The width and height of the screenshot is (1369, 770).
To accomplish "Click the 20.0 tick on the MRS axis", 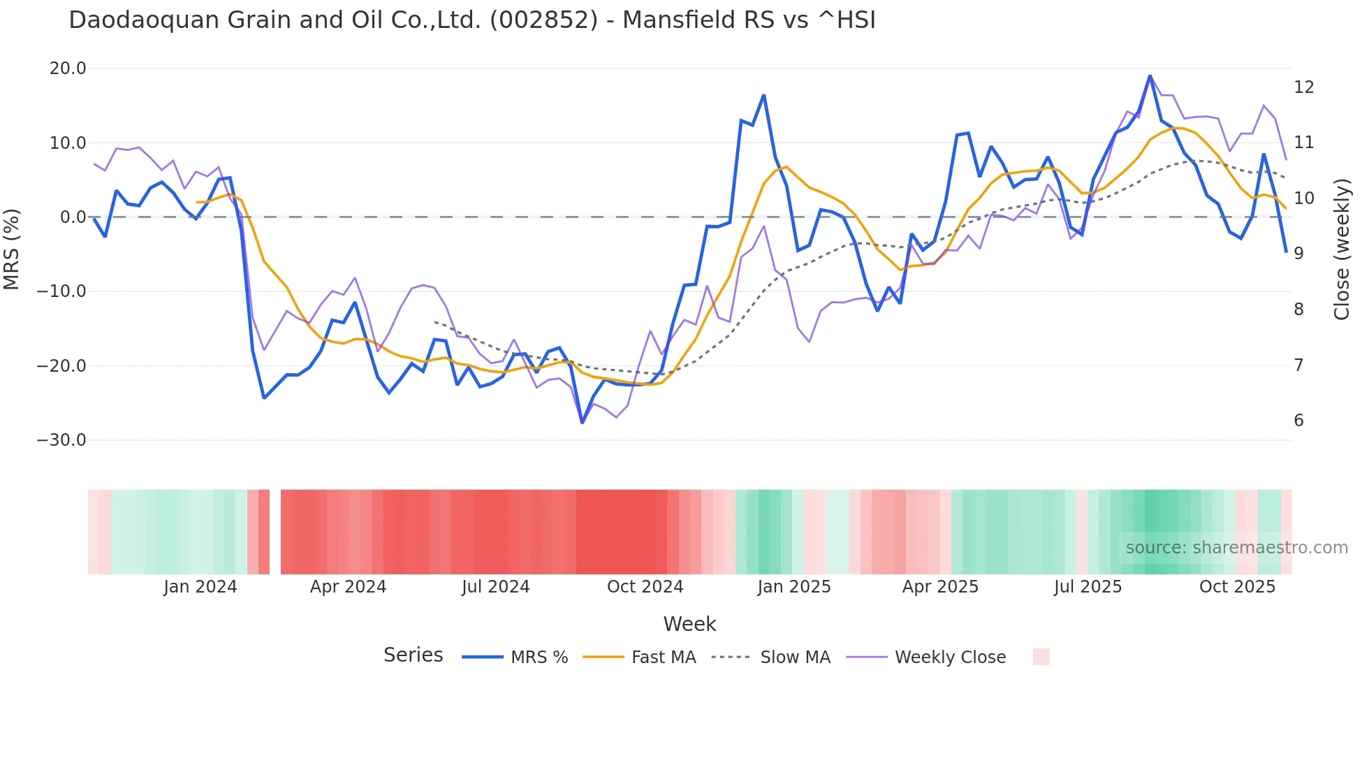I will tap(67, 68).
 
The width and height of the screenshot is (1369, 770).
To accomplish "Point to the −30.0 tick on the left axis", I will tap(61, 440).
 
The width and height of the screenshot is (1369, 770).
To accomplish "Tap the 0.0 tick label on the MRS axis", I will tap(73, 217).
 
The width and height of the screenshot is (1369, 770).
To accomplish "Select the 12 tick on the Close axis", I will tap(1303, 87).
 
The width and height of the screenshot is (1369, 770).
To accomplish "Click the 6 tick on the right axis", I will tap(1298, 421).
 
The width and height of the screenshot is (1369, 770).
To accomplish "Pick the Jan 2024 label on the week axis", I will tap(200, 587).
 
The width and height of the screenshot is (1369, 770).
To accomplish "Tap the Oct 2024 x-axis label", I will tap(645, 587).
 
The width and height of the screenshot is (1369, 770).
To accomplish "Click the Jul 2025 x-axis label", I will tap(1088, 587).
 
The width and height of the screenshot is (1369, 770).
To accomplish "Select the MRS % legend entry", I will tap(515, 658).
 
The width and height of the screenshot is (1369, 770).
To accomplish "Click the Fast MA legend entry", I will tap(639, 658).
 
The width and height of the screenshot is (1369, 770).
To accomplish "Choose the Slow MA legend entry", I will tap(771, 658).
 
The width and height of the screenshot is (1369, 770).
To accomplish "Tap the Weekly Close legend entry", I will tap(926, 658).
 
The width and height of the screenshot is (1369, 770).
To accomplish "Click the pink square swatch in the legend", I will tap(1041, 657).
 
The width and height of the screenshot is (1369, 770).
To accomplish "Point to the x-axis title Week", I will tap(689, 624).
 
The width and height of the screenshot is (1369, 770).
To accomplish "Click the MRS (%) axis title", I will tap(12, 249).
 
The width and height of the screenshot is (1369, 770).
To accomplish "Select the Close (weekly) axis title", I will tap(1341, 249).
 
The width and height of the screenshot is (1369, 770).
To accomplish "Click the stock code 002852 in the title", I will tap(544, 20).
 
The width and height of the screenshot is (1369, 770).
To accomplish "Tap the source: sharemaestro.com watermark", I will tap(1236, 548).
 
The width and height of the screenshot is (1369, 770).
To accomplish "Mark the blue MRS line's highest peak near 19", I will tap(1150, 76).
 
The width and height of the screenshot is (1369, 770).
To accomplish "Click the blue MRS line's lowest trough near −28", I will tap(582, 423).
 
